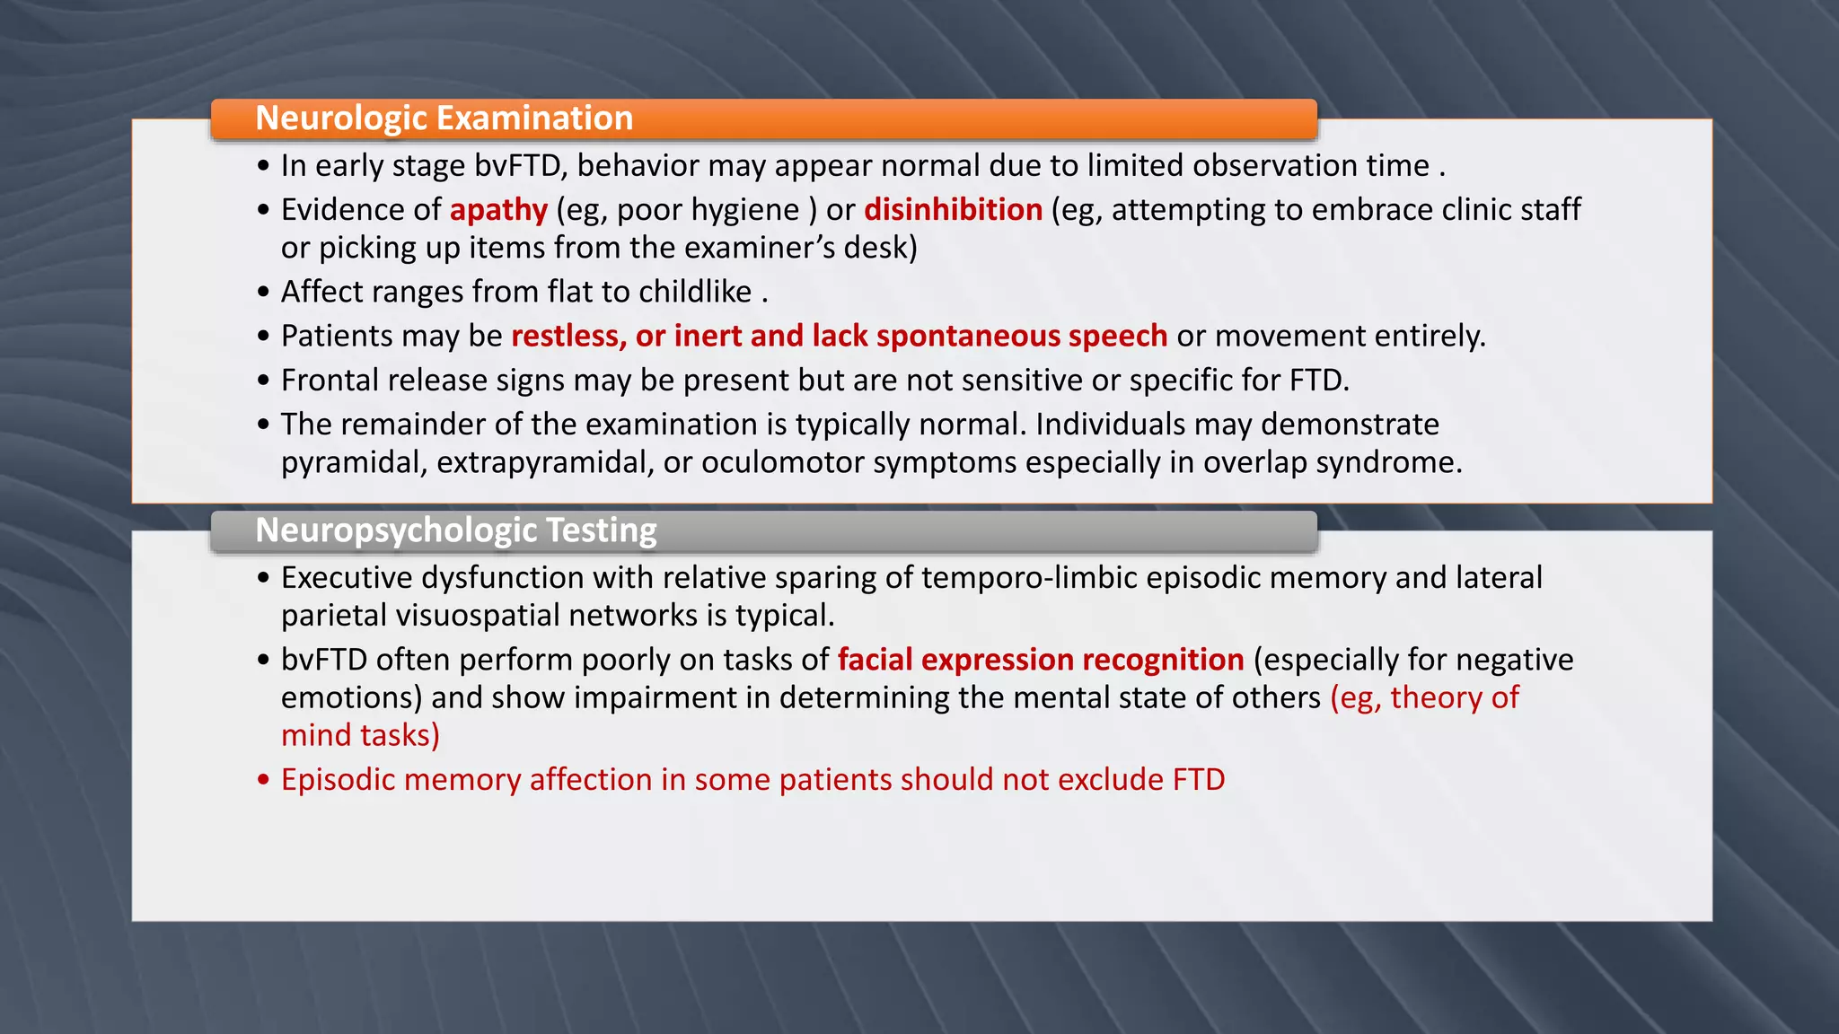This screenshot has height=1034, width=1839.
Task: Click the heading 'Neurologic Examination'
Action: tap(444, 118)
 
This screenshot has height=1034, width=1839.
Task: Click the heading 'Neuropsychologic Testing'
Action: tap(455, 530)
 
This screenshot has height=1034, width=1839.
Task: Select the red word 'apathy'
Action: tap(498, 210)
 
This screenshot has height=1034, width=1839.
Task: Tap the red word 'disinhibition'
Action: tap(953, 210)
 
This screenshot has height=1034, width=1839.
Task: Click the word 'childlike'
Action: tap(695, 292)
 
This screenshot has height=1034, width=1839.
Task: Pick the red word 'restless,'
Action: tap(568, 336)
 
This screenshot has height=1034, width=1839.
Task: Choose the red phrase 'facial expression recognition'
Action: tap(1040, 660)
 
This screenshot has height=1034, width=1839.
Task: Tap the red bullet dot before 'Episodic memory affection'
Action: tap(263, 780)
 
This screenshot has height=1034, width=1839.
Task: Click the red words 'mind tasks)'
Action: tap(360, 736)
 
